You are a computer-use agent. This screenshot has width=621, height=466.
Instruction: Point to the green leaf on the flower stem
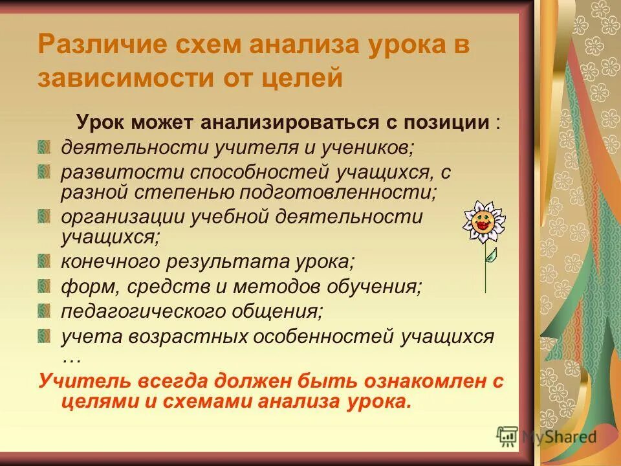tap(492, 254)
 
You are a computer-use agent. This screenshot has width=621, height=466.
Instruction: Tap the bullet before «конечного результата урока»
tap(43, 262)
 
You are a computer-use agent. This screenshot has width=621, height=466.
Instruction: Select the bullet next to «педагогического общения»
tap(43, 311)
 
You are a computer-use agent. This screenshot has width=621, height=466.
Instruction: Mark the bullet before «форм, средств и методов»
tap(43, 286)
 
